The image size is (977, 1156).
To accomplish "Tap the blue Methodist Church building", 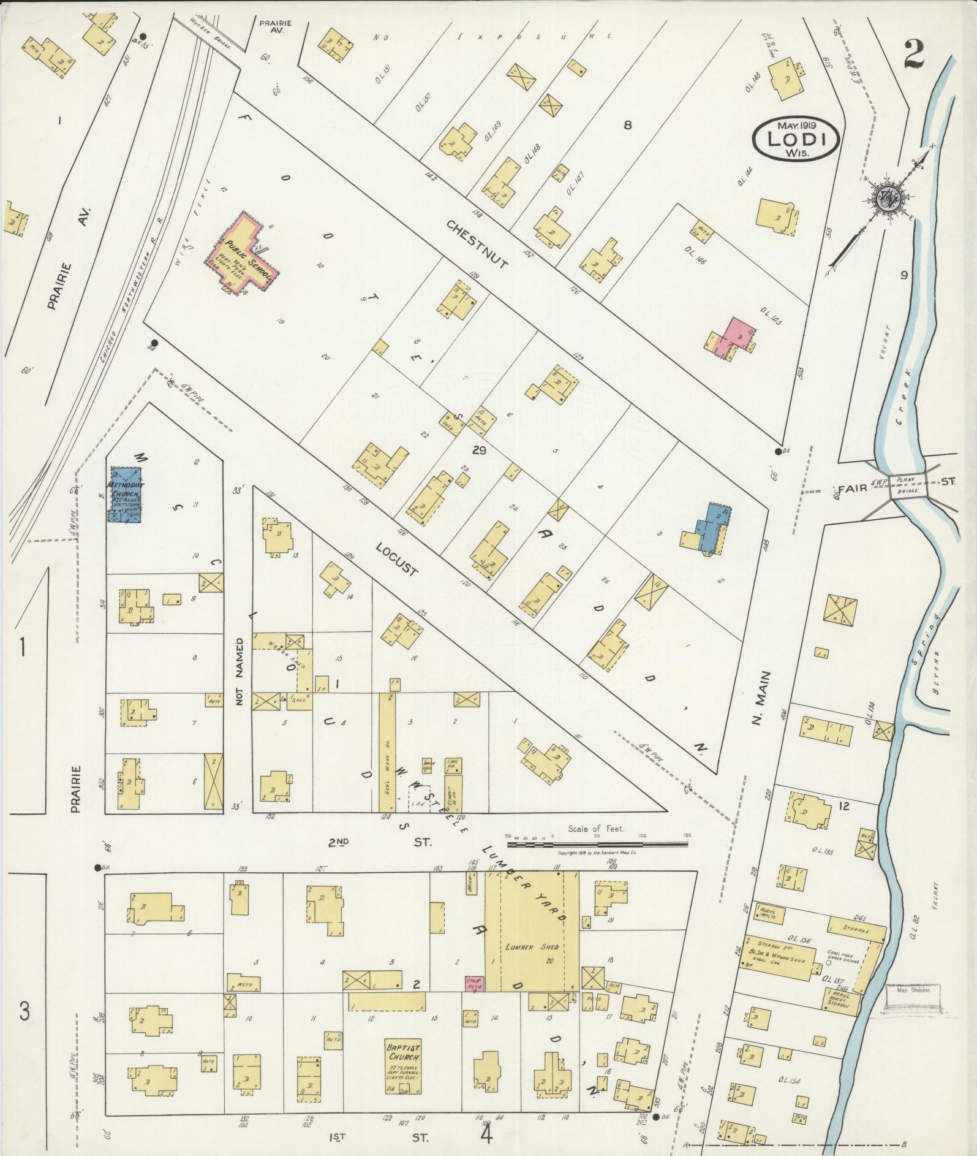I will tap(126, 495).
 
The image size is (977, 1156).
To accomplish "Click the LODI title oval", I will tap(795, 139).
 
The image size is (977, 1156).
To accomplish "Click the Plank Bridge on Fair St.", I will tap(908, 482).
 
